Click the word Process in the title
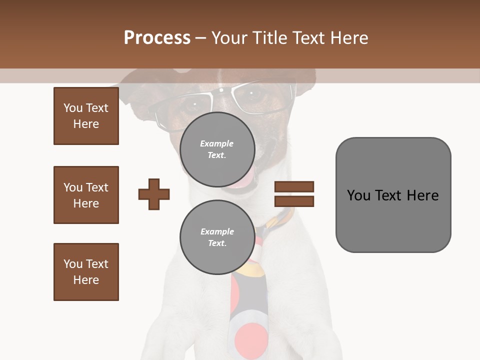[x=157, y=37]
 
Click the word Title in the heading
[x=269, y=37]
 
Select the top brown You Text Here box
[x=86, y=116]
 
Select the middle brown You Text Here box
[x=86, y=195]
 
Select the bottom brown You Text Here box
[x=86, y=272]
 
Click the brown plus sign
[x=154, y=194]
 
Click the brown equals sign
[x=294, y=194]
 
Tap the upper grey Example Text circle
[x=217, y=149]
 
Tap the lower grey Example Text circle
[x=217, y=237]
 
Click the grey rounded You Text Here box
[x=393, y=195]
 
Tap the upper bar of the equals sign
[x=294, y=186]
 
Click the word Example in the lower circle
[x=217, y=231]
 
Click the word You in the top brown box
[x=73, y=108]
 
